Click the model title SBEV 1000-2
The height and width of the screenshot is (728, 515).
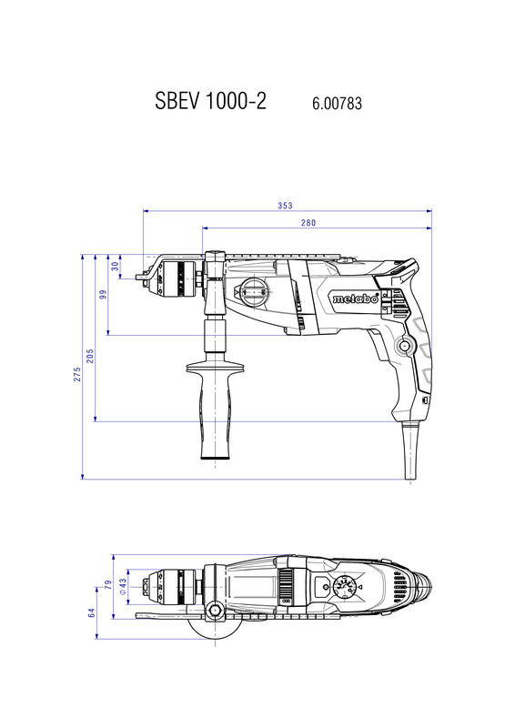click(210, 100)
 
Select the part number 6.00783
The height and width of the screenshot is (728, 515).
click(337, 103)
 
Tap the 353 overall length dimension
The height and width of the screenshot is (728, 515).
click(285, 206)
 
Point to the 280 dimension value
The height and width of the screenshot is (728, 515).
click(308, 223)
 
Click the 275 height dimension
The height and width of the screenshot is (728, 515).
click(77, 374)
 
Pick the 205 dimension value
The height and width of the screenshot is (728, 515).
click(90, 356)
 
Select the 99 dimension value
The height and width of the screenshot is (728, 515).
click(103, 294)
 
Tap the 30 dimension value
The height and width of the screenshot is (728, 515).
click(116, 267)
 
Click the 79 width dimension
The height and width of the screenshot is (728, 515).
click(108, 585)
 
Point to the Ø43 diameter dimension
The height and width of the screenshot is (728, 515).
click(123, 586)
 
